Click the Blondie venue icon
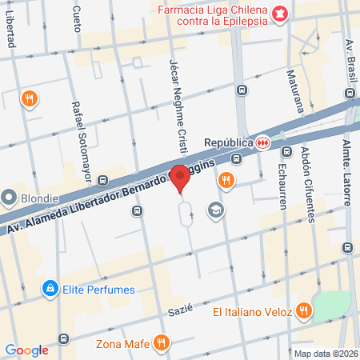coord(10,197)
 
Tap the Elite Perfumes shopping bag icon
coord(50,286)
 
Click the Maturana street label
coord(291,94)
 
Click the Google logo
coord(27,350)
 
